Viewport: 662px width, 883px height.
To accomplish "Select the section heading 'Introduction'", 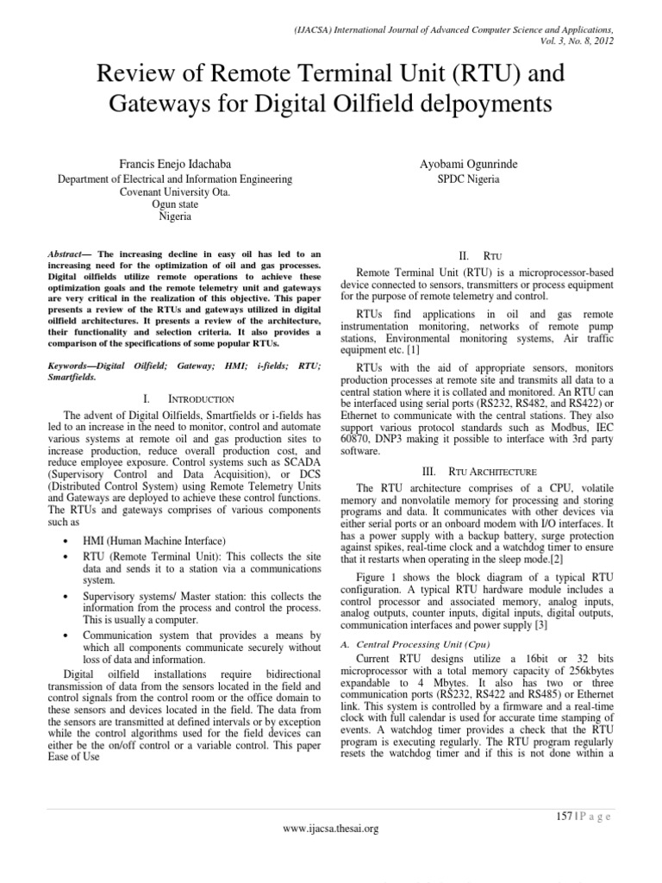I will click(x=200, y=399).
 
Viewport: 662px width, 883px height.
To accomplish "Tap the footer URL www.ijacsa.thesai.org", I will click(x=331, y=828).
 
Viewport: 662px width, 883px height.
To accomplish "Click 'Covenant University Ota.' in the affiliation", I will click(x=175, y=192).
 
